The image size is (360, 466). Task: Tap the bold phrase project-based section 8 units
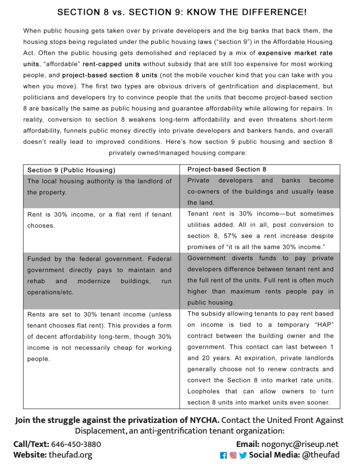click(x=110, y=75)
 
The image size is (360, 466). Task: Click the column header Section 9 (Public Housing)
click(x=71, y=170)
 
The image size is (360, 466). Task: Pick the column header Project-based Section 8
click(x=227, y=169)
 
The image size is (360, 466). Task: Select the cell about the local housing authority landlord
click(x=99, y=186)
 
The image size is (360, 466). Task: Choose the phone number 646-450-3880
click(x=76, y=444)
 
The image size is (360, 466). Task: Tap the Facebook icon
click(x=223, y=455)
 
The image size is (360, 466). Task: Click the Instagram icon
click(x=233, y=455)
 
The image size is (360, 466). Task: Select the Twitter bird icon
click(x=243, y=455)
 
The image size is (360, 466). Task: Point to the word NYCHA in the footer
click(x=206, y=420)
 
